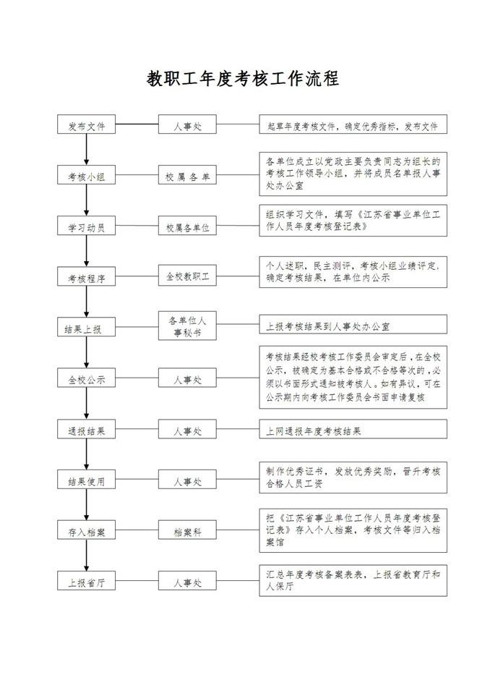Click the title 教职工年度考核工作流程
click(243, 79)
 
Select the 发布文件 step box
click(87, 124)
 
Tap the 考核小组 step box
click(87, 175)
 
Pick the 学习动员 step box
click(87, 226)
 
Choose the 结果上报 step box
click(87, 327)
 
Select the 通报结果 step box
click(87, 429)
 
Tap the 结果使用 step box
click(87, 480)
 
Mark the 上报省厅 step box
click(87, 581)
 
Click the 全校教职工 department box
click(187, 276)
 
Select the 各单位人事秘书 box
click(187, 326)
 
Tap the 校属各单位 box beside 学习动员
click(187, 226)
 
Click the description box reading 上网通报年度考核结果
click(353, 429)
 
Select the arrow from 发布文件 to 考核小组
click(87, 149)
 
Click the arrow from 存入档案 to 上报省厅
click(87, 556)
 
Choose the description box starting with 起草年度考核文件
click(353, 124)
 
